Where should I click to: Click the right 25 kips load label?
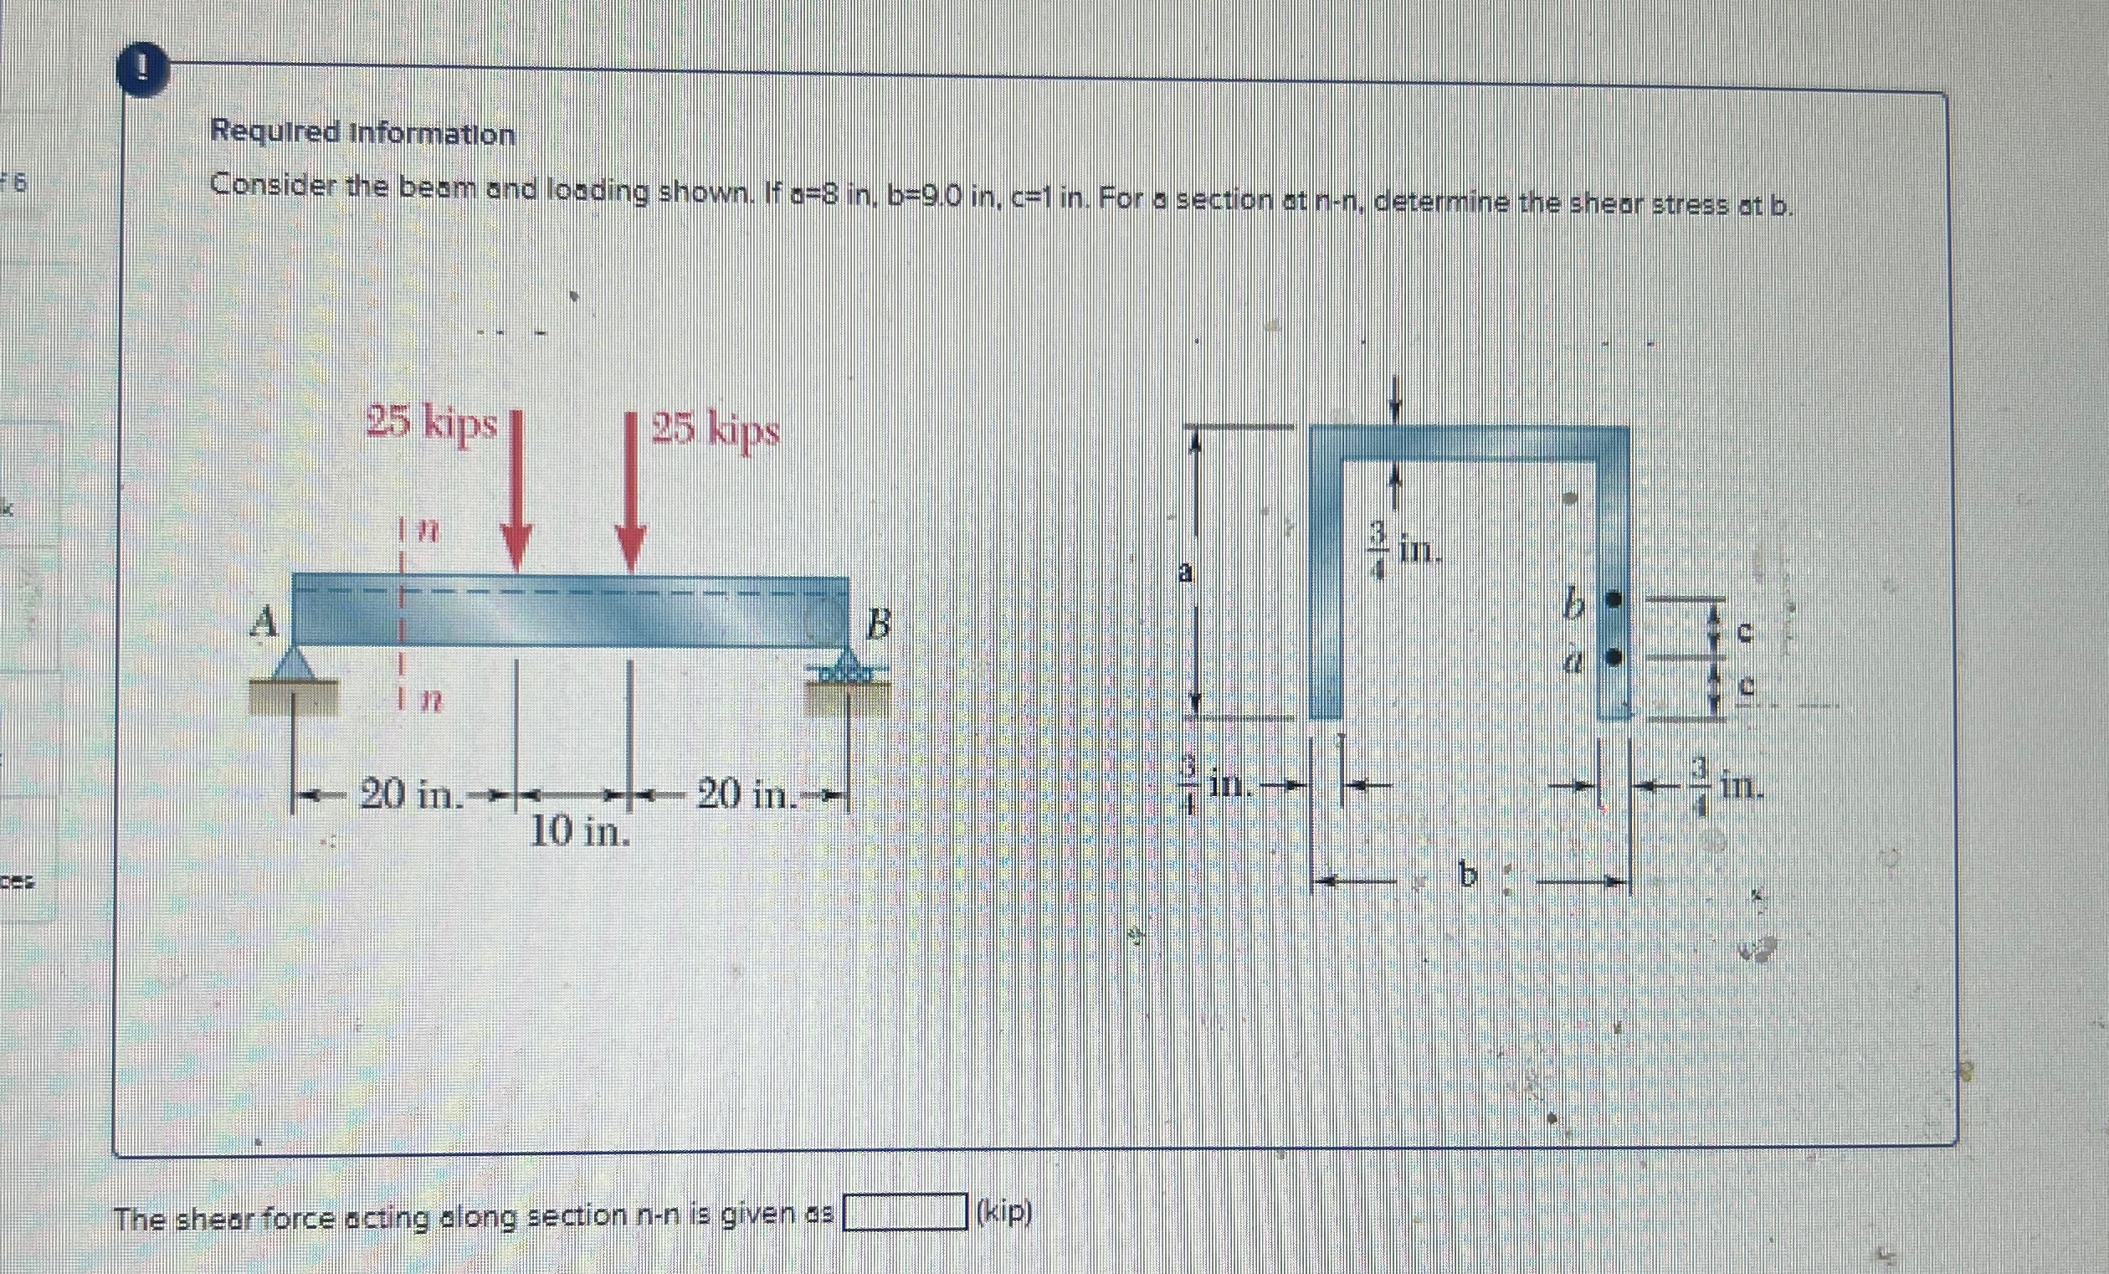(x=716, y=430)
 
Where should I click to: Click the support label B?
(x=876, y=628)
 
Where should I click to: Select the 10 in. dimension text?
(x=580, y=830)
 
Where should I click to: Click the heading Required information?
(x=363, y=134)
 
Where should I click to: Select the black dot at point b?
(x=1614, y=600)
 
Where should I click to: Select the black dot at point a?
(x=1614, y=657)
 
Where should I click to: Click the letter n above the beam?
(x=428, y=532)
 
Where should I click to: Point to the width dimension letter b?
(x=1468, y=876)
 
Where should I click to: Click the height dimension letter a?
(x=1185, y=573)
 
